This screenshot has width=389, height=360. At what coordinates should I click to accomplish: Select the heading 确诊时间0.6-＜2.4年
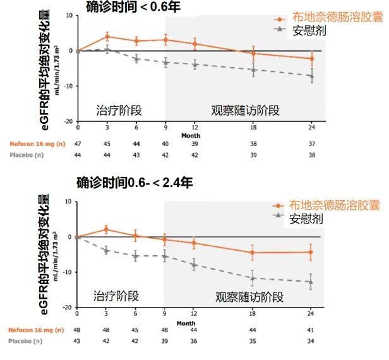[x=135, y=183]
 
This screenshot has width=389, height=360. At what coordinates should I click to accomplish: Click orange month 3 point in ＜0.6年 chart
[x=107, y=37]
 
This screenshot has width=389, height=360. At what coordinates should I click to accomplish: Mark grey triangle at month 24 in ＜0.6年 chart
[x=310, y=76]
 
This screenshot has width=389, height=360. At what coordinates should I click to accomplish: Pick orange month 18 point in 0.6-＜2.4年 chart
[x=253, y=253]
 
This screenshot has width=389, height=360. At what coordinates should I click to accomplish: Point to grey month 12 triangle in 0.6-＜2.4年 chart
[x=194, y=264]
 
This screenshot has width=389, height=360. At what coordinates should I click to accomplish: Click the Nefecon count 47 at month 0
[x=78, y=143]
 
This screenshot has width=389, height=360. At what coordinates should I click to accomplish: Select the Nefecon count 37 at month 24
[x=310, y=143]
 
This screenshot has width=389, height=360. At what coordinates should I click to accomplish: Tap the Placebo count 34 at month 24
[x=310, y=342]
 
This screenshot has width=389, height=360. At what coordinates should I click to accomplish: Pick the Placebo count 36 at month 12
[x=194, y=342]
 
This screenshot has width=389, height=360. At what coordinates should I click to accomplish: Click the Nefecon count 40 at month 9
[x=165, y=143]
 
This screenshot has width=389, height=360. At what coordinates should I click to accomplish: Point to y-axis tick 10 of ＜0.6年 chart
[x=69, y=15]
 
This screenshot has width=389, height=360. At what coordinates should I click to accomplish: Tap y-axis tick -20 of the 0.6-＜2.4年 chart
[x=68, y=308]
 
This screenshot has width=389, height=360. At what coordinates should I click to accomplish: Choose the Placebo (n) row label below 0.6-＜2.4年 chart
[x=26, y=342]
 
